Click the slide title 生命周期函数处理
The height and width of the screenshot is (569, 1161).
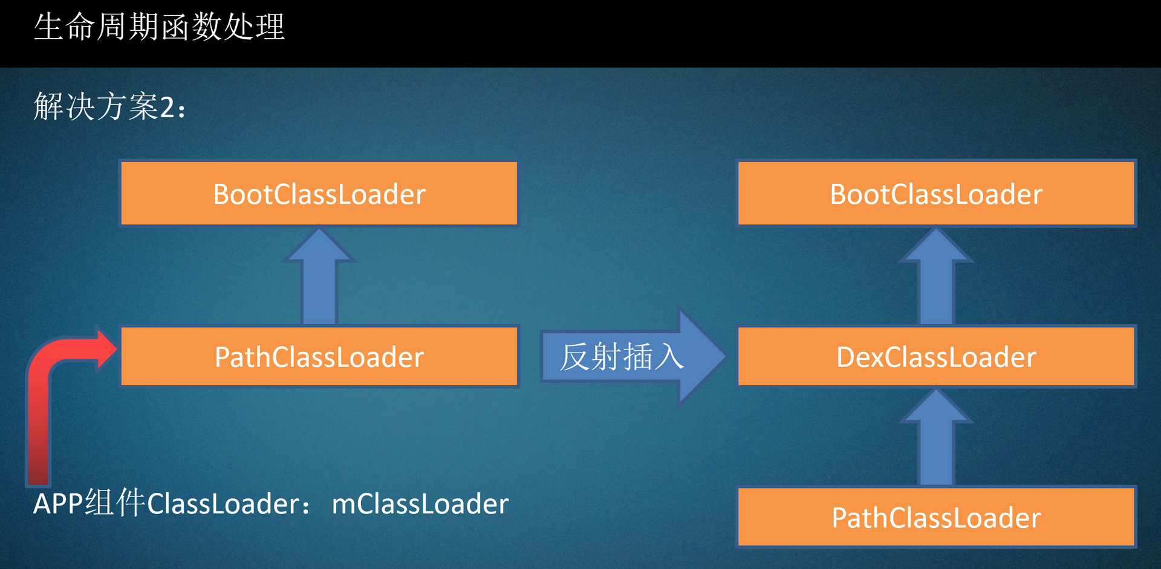(159, 27)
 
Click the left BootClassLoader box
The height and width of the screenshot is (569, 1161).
(319, 193)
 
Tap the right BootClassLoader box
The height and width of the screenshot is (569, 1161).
(936, 193)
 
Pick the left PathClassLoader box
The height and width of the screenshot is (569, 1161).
(319, 357)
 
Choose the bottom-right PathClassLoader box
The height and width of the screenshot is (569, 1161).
(936, 518)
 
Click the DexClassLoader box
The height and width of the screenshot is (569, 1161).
(936, 357)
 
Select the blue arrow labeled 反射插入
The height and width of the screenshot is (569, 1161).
(633, 356)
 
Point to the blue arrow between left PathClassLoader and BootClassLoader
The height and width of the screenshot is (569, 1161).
(319, 276)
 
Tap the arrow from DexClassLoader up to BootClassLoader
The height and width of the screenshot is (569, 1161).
(936, 276)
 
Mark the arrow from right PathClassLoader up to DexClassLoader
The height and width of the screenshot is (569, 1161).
(936, 437)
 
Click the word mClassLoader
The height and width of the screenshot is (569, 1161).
(420, 504)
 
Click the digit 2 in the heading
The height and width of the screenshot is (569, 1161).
(167, 108)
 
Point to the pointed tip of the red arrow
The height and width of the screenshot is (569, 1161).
(117, 348)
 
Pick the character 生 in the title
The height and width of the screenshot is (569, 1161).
(48, 27)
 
